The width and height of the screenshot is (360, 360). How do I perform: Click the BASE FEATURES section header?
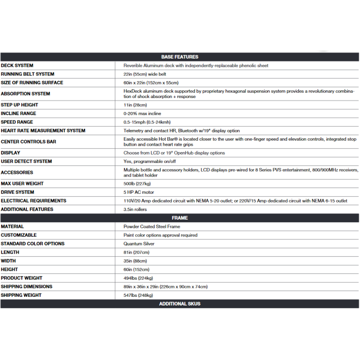pos(180,57)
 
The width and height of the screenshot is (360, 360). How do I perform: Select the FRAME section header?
pos(180,218)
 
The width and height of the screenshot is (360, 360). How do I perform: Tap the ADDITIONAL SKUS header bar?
pos(180,304)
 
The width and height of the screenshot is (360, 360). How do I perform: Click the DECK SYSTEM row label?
pos(17,66)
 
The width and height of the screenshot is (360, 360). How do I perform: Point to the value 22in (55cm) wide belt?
pos(145,74)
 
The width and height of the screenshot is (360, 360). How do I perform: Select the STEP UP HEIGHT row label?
pos(19,105)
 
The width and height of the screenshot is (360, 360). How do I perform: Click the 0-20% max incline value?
pos(142,113)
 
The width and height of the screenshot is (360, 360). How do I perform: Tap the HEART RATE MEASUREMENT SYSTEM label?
pos(43,131)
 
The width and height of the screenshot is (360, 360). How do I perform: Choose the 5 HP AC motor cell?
pos(139,193)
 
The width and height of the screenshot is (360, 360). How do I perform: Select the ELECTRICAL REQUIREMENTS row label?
pos(33,201)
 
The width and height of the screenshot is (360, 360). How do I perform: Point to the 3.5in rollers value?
pos(135,209)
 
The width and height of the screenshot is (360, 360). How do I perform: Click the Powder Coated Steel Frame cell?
pos(152,226)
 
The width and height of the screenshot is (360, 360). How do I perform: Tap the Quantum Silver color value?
pos(139,244)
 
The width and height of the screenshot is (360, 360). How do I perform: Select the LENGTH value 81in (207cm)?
pos(136,252)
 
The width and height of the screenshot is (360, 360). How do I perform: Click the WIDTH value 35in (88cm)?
pos(135,261)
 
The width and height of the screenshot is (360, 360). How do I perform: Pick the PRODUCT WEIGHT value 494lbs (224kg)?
pos(138,278)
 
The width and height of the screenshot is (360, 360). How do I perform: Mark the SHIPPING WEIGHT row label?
pos(21,295)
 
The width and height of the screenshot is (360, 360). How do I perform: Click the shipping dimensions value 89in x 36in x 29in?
pos(165,287)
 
